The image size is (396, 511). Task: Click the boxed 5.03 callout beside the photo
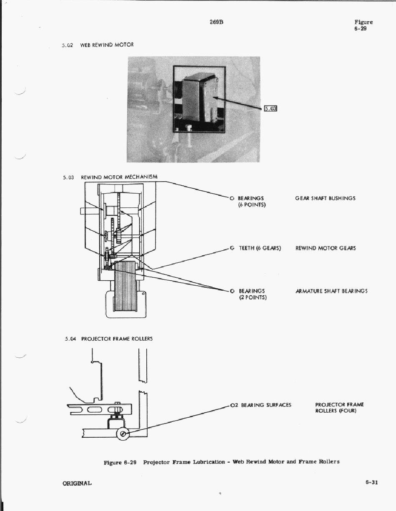271,109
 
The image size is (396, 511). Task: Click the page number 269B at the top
217,22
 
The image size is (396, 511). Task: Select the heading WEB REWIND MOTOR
107,45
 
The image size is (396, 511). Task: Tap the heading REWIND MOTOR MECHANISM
119,177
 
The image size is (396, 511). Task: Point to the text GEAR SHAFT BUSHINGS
325,198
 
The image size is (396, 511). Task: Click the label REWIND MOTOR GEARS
326,248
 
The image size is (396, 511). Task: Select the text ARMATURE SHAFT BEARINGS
331,291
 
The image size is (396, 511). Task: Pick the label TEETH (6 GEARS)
260,248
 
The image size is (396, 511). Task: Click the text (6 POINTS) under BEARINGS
252,205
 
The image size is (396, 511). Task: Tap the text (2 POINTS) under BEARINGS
253,297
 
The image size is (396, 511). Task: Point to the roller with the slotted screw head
123,434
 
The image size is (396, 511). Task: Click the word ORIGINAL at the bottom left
77,483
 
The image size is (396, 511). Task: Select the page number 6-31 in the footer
371,483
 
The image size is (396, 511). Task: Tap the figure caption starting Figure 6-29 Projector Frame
221,462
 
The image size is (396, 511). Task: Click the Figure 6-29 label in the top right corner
363,25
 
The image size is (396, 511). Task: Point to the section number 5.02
67,45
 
